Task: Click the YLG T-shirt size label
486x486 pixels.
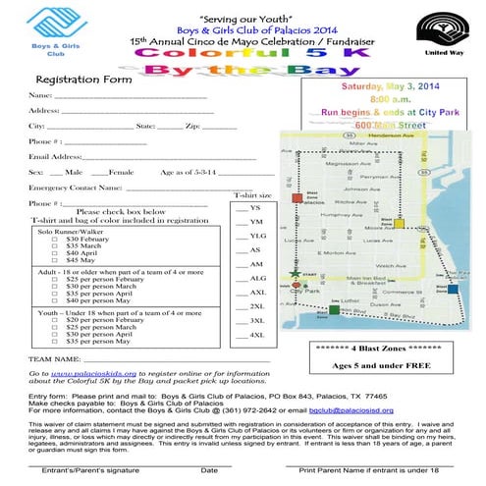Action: [x=256, y=237]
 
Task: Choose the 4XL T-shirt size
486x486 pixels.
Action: [x=256, y=335]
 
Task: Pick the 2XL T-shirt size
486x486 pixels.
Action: [x=256, y=307]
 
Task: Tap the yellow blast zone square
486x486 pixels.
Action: [x=400, y=223]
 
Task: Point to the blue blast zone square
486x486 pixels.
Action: [x=452, y=289]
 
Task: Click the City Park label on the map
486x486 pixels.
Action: [x=304, y=292]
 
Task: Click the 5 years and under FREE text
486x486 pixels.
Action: [x=376, y=365]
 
